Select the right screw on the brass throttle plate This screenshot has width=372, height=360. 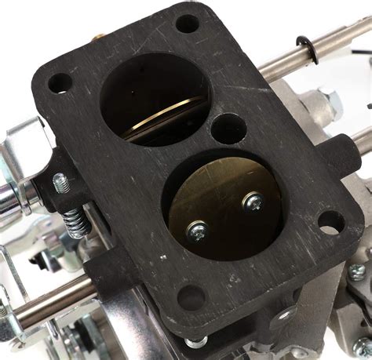click(x=253, y=202)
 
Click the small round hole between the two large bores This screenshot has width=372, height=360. click(x=228, y=128)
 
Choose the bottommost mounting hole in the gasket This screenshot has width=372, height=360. click(x=191, y=297)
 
